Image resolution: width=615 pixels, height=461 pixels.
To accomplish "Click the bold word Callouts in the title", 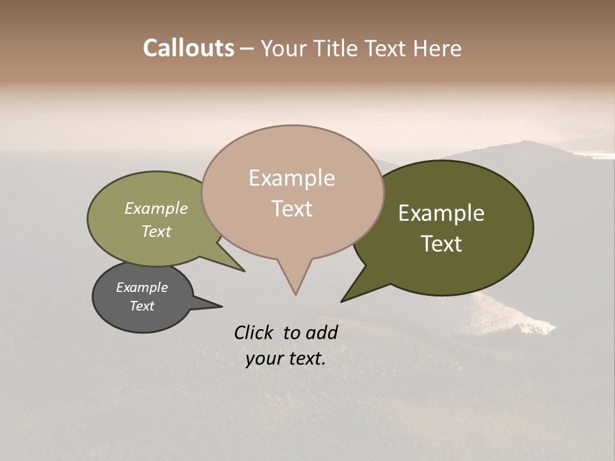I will click(188, 48).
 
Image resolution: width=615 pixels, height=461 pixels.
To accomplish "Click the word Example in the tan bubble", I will click(291, 178).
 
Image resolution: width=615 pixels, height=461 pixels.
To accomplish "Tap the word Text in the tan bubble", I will click(291, 209).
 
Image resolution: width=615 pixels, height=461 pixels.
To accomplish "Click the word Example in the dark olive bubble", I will click(441, 213).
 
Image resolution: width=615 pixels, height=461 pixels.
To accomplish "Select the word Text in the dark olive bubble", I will click(441, 244).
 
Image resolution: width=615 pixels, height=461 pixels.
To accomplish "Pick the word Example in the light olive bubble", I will click(156, 209).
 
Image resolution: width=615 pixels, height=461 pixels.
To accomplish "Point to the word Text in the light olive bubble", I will click(156, 231).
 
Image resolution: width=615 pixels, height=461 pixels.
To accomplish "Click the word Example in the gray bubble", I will click(142, 287).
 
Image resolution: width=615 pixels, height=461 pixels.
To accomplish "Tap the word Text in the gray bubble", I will click(142, 306).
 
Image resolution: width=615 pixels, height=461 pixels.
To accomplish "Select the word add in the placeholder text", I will click(323, 332).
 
